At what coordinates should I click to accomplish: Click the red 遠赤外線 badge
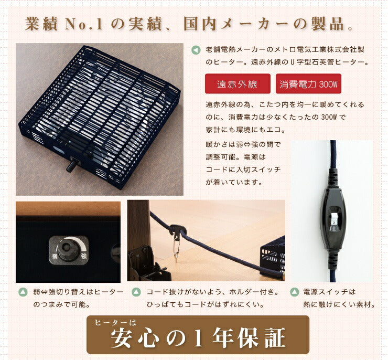point(237,84)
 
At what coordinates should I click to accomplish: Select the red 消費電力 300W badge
point(310,84)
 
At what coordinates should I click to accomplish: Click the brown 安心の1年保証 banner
point(198,335)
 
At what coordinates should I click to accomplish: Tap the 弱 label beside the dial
point(55,256)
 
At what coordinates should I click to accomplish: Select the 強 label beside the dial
point(84,256)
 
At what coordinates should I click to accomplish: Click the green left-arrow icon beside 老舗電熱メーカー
point(196,50)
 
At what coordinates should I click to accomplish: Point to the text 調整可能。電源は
point(236,157)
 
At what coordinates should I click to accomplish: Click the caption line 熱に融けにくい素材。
point(340,304)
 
